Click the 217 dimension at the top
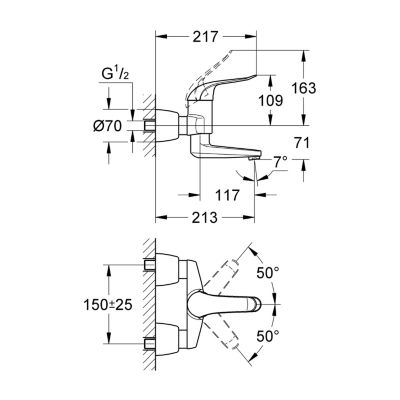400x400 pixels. click(x=205, y=37)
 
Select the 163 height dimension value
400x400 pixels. click(x=303, y=88)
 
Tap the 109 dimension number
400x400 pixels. click(x=271, y=101)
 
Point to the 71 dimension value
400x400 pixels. click(x=302, y=143)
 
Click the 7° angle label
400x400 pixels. click(x=281, y=163)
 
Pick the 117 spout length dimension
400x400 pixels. click(x=227, y=195)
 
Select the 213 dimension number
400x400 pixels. click(x=205, y=218)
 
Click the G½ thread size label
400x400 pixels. click(x=115, y=75)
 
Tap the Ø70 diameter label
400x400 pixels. click(x=108, y=126)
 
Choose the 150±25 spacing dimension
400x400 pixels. click(x=108, y=304)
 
